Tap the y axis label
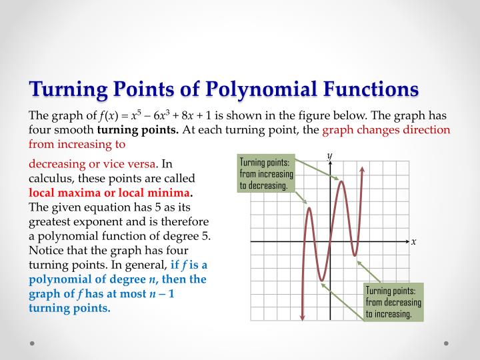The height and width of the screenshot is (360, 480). click(329, 155)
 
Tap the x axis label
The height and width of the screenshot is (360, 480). click(413, 241)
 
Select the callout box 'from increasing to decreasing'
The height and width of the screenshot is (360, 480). click(266, 173)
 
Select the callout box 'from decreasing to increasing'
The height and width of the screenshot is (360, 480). click(393, 302)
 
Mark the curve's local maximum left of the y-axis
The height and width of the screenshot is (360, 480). click(309, 209)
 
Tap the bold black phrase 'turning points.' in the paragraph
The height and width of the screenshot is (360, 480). click(138, 129)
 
